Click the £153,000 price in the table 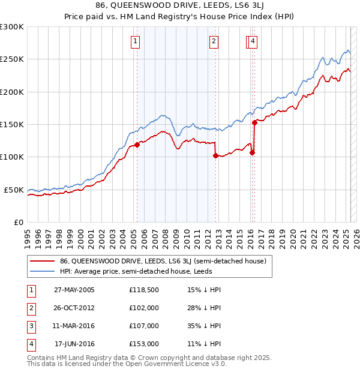click(143, 344)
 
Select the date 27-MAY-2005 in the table click(74, 290)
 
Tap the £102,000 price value click(143, 308)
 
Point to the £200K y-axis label click(12, 92)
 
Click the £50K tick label click(14, 190)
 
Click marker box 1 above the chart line click(136, 41)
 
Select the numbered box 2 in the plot click(214, 41)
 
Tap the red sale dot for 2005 click(137, 145)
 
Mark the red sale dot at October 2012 click(215, 155)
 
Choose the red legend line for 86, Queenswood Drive click(41, 261)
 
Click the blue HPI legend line click(41, 271)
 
